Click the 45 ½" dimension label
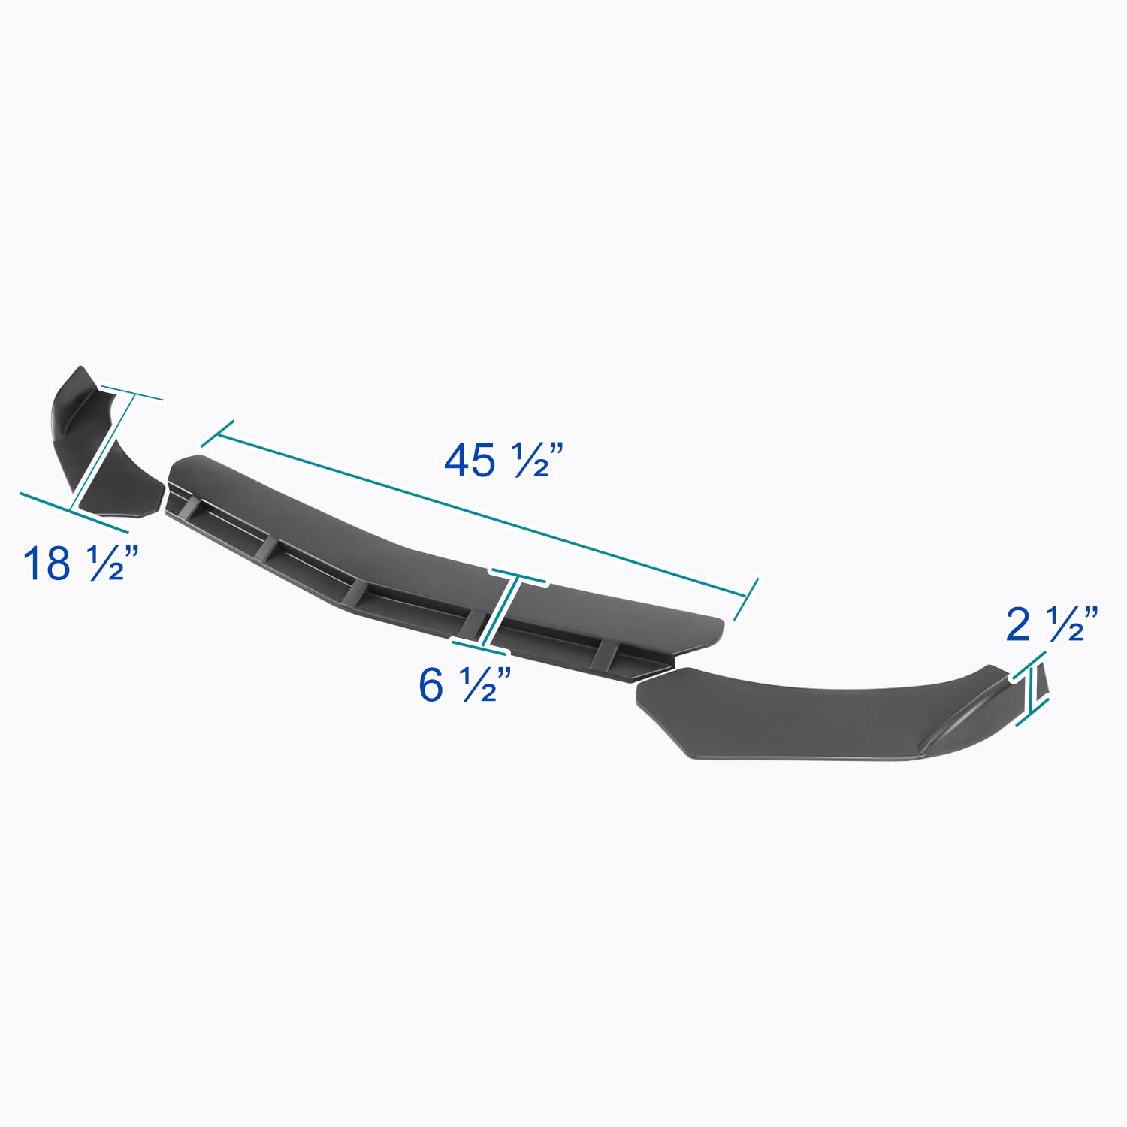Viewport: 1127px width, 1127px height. point(503,460)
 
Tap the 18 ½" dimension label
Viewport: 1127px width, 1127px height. point(81,563)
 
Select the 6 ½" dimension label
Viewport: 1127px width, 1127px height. point(465,684)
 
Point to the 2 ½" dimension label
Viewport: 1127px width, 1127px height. point(1052,624)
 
